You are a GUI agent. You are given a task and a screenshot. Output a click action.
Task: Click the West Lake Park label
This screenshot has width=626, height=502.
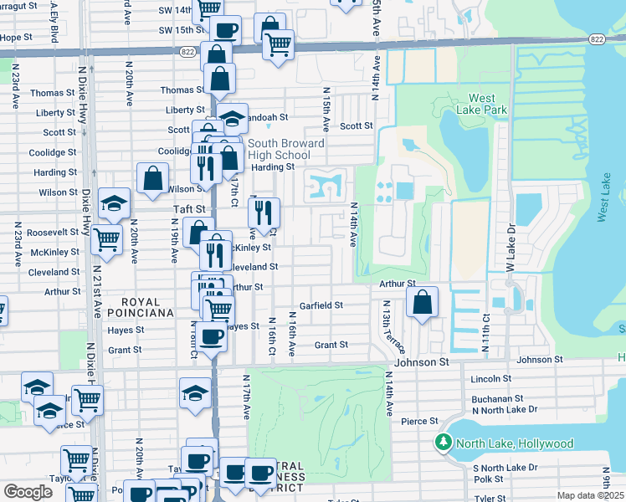[475, 103]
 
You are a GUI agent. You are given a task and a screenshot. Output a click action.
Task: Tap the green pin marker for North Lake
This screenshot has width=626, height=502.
[441, 442]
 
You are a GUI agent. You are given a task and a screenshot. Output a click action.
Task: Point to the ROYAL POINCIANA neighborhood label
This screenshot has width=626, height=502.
[147, 306]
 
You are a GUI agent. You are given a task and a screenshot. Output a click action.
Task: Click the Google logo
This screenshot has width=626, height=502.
[28, 491]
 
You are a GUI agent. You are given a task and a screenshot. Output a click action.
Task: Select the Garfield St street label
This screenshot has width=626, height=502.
[322, 305]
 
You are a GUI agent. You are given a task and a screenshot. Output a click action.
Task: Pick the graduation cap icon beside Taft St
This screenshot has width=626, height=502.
[115, 203]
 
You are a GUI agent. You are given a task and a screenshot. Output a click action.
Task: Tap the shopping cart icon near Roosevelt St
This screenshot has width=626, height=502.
[106, 238]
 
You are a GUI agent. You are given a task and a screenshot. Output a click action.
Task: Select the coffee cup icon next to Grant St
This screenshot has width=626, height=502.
[213, 337]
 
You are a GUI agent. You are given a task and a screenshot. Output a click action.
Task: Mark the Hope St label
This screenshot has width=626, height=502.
[16, 38]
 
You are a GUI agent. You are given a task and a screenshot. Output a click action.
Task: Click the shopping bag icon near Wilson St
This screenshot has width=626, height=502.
[153, 178]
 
